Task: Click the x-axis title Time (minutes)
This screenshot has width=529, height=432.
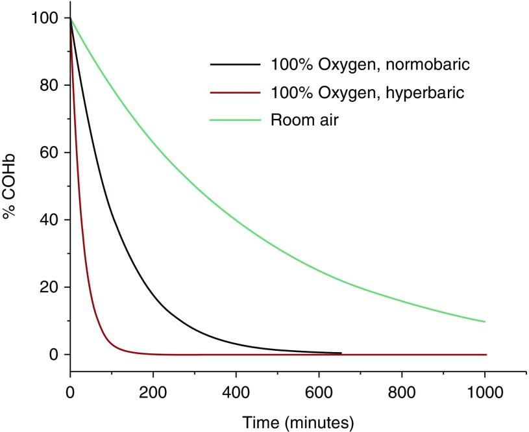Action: click(x=298, y=423)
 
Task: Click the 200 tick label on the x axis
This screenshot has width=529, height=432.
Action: click(x=153, y=392)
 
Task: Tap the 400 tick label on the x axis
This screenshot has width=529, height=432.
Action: click(x=236, y=392)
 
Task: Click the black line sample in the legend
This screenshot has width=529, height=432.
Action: click(x=234, y=65)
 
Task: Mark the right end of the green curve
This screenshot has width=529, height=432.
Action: click(x=485, y=322)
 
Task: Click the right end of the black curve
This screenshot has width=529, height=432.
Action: click(x=341, y=353)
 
